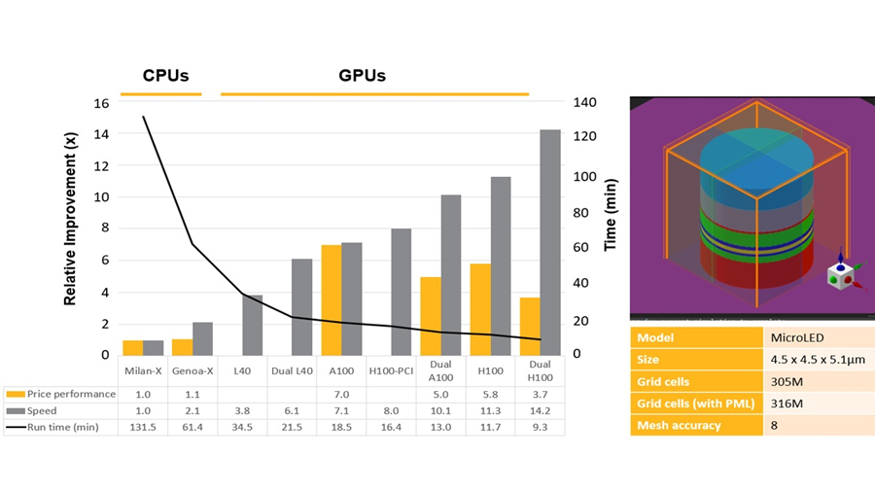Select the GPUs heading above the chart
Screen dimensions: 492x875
pyautogui.click(x=363, y=76)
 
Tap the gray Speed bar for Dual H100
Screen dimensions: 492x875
pyautogui.click(x=549, y=242)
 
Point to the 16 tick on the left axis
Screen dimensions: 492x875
pyautogui.click(x=102, y=102)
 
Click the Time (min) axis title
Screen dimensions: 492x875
pyautogui.click(x=611, y=215)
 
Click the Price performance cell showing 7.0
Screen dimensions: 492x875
pyautogui.click(x=340, y=394)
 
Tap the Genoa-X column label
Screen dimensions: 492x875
pyautogui.click(x=192, y=370)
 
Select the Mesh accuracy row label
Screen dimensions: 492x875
pyautogui.click(x=678, y=425)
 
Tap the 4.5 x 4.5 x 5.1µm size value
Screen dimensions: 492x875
pyautogui.click(x=816, y=360)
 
